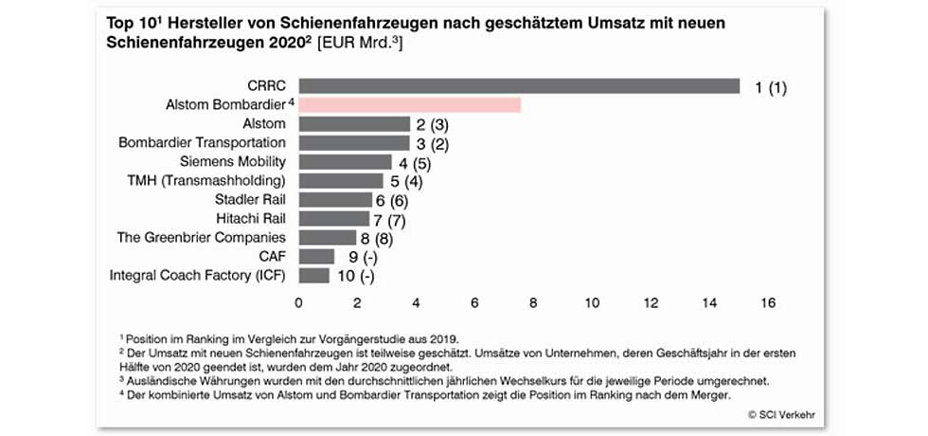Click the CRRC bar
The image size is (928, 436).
tap(519, 86)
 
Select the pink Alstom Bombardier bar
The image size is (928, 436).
tap(410, 105)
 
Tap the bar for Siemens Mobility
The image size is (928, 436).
tap(345, 162)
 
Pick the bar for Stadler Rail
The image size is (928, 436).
tap(335, 200)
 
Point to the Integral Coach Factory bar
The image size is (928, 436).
tap(313, 276)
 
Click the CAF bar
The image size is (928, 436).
tap(316, 257)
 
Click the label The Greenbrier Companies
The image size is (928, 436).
tap(202, 237)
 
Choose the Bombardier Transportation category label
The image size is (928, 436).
tap(203, 142)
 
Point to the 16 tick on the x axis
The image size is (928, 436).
tap(767, 303)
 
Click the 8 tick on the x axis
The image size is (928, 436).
tap(534, 303)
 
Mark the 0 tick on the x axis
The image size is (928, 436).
tap(299, 303)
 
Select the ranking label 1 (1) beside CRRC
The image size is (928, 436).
tap(771, 88)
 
